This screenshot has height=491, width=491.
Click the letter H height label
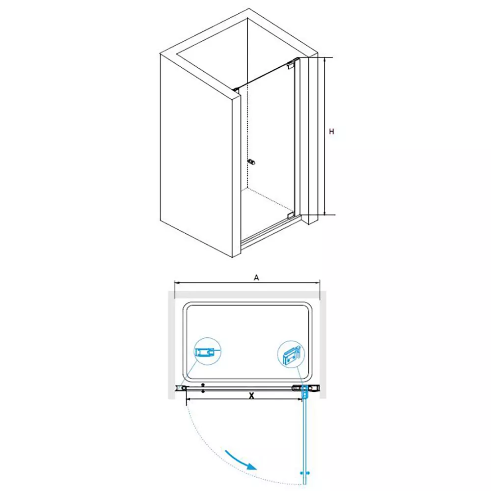coord(331,132)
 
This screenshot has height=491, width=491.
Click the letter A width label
coord(256,277)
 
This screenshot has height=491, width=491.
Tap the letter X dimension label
coord(251,396)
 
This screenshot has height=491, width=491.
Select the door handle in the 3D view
coord(251,162)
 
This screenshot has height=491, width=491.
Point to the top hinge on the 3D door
coord(291,65)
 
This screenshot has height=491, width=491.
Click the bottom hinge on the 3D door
coord(291,215)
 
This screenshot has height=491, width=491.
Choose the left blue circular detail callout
coord(207,352)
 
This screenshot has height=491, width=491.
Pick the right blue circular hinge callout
coord(291,354)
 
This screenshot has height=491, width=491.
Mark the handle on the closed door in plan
coord(203,388)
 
